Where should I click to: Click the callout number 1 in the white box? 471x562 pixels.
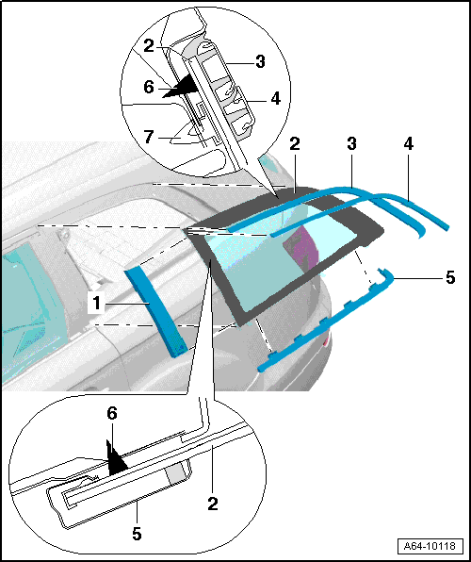coord(97,304)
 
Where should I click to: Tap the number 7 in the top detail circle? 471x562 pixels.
coord(150,137)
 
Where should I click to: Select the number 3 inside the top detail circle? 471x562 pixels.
coord(260,61)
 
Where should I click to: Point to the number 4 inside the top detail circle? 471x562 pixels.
coord(275,98)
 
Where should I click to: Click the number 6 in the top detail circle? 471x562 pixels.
coord(149,88)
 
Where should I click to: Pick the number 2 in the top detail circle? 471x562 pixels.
coord(150,46)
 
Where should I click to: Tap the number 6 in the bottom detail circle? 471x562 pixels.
coord(112,414)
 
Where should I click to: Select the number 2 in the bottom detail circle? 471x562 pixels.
coord(213,504)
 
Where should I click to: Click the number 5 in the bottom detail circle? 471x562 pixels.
coord(137,534)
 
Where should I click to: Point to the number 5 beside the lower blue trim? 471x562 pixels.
coord(450,278)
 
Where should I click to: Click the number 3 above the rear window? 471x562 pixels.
coord(351,143)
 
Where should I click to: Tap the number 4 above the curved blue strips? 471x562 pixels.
coord(408,143)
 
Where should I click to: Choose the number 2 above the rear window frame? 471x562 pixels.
coord(295,143)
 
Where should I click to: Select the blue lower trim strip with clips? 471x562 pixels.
coord(326,319)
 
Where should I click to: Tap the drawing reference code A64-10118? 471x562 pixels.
coord(430,546)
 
